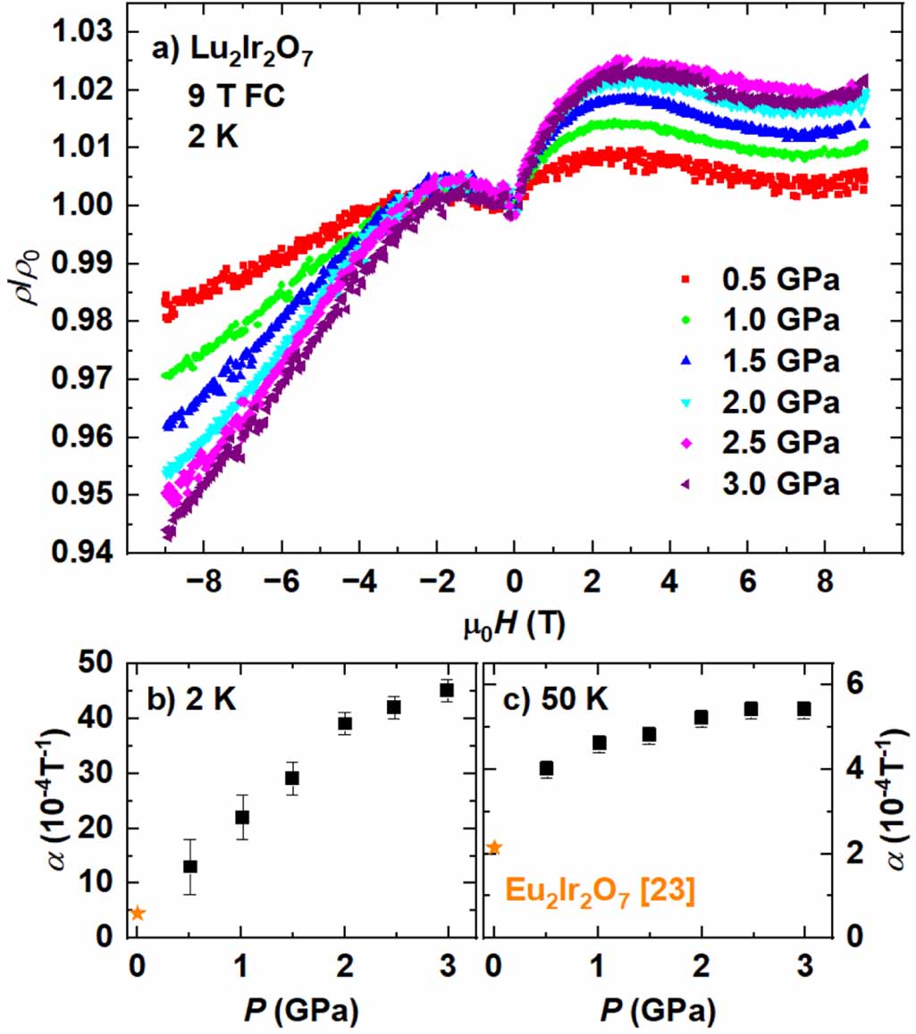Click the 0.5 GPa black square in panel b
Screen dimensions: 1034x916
point(189,866)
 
